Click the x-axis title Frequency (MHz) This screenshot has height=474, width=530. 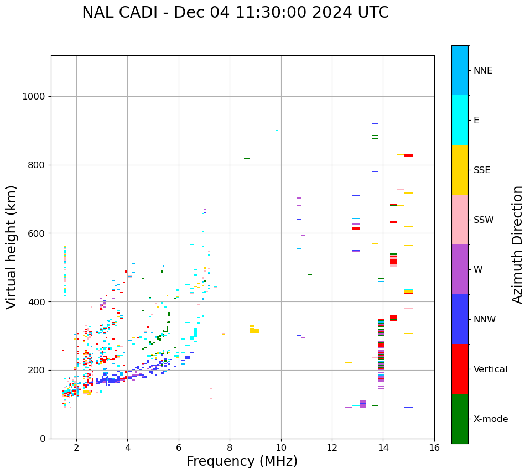pos(242,461)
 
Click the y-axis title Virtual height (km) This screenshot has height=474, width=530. pos(12,247)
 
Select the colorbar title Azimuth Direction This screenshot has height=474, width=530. pos(517,244)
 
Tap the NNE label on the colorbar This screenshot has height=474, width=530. pos(482,71)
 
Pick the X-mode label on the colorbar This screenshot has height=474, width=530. pos(490,419)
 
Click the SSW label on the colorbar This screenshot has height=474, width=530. pos(483,220)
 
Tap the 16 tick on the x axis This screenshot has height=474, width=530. pos(434,447)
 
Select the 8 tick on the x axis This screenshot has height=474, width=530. pos(230,447)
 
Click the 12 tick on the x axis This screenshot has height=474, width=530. pos(332,447)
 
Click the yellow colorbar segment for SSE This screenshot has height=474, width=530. pos(460,170)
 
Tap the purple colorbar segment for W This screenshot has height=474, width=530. pos(460,269)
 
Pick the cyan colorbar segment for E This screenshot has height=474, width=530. pos(460,120)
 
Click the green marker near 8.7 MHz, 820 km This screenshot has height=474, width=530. pos(246,158)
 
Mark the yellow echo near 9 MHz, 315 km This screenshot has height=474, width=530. pos(253,330)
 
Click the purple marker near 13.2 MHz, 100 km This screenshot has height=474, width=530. pos(362,404)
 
